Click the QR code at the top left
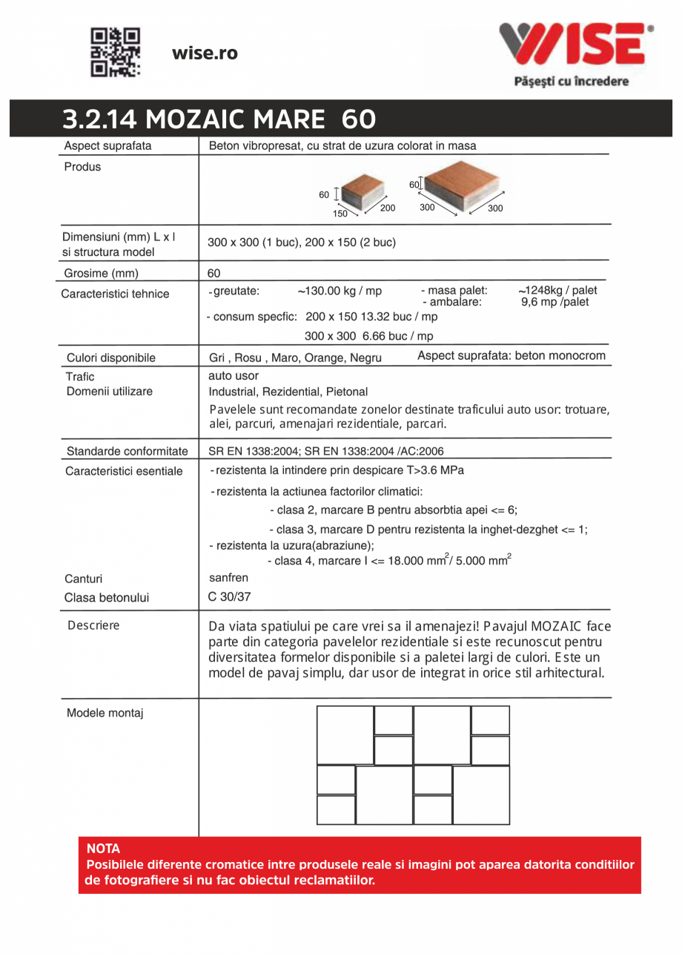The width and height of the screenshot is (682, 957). click(x=115, y=53)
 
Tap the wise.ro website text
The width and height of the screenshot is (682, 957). click(x=205, y=53)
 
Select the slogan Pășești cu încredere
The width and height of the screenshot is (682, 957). click(x=571, y=82)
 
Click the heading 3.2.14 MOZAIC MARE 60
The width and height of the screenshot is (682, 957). click(x=219, y=119)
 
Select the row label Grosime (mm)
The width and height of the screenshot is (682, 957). click(x=101, y=272)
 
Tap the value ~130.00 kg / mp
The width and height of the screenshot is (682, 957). click(x=340, y=291)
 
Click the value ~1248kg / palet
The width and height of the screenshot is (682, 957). click(x=557, y=290)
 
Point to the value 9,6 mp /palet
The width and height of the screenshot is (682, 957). click(x=554, y=302)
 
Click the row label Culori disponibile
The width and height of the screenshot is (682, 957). click(x=111, y=358)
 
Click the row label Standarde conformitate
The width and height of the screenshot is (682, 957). click(x=127, y=450)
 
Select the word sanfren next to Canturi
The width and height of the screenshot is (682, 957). click(x=228, y=577)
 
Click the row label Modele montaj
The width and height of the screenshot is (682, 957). click(x=105, y=714)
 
